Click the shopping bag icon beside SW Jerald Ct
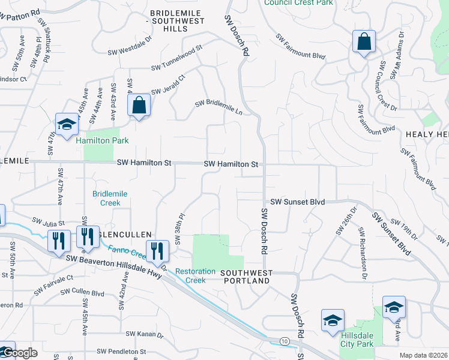(x=139, y=106)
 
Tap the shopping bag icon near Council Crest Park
(x=364, y=42)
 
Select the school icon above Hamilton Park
(x=67, y=124)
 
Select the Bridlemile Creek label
(x=106, y=198)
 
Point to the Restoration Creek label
(x=195, y=275)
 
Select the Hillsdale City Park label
(x=357, y=340)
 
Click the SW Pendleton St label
(x=122, y=351)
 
